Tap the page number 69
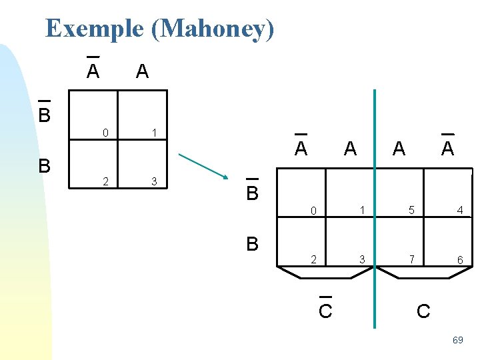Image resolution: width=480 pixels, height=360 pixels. [457, 340]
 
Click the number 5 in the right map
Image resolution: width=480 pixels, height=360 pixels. [411, 211]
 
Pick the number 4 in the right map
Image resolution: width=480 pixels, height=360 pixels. [460, 211]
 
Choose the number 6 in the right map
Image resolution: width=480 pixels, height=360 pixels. [460, 259]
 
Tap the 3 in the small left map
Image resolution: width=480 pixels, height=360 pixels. [154, 181]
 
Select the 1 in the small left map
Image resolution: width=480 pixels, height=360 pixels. [154, 133]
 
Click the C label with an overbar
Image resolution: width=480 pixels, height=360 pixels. [325, 311]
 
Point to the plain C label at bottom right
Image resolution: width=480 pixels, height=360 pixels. [423, 311]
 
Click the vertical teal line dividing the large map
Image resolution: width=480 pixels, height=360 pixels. [375, 167]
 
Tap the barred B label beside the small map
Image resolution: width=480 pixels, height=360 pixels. [44, 115]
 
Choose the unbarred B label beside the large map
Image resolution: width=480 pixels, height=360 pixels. [252, 244]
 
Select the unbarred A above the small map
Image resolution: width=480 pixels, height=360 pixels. [141, 71]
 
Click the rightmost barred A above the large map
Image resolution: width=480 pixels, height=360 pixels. [447, 148]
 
